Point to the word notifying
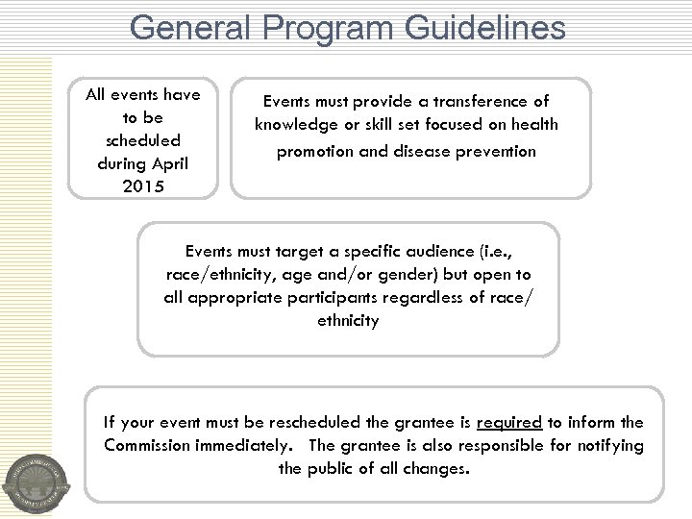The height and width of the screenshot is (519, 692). click(x=608, y=446)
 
